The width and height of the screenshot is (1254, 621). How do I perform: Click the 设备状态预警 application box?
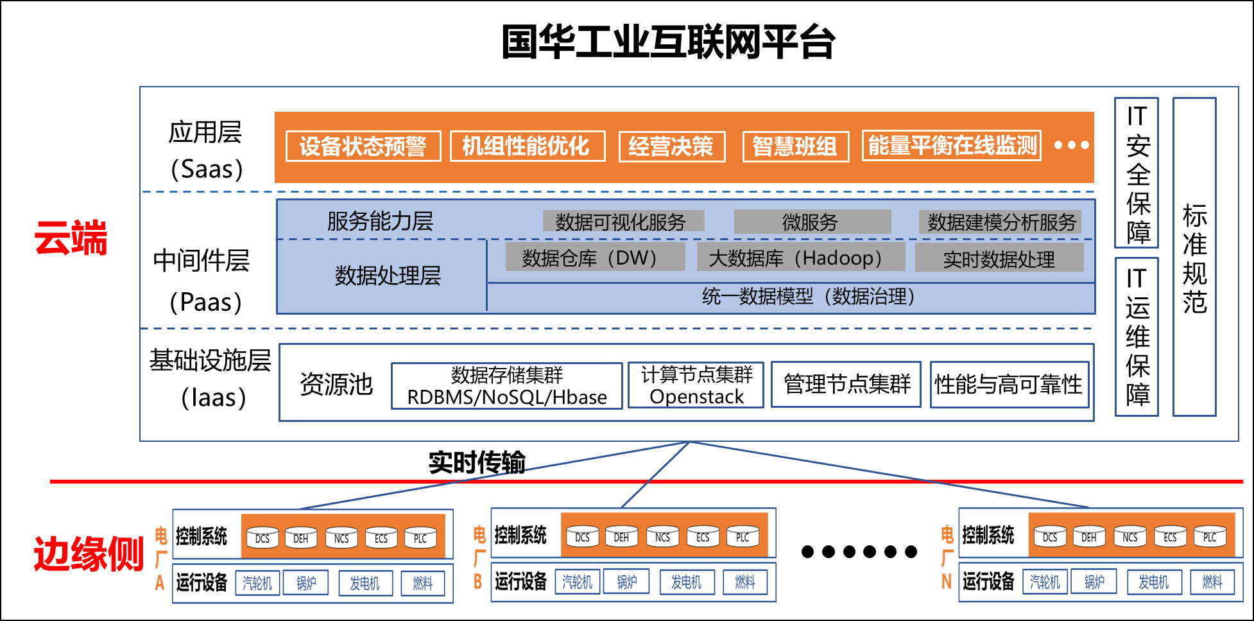point(363,146)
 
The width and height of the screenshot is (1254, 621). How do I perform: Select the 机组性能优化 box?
point(528,146)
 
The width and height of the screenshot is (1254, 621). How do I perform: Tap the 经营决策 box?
point(672,147)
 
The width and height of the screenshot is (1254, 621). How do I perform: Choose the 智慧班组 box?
point(796,147)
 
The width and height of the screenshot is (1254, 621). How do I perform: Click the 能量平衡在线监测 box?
point(952,146)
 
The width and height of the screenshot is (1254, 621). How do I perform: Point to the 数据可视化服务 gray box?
point(623,222)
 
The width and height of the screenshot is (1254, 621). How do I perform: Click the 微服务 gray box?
point(812,222)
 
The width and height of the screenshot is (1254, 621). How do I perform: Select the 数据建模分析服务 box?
point(1000,222)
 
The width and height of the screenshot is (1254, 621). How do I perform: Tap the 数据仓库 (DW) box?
point(595,258)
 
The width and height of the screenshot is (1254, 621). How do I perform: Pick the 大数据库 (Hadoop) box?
point(800,258)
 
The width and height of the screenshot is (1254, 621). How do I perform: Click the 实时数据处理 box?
point(999,259)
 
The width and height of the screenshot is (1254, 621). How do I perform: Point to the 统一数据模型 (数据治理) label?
point(809,297)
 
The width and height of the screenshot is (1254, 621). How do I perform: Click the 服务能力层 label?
point(380,222)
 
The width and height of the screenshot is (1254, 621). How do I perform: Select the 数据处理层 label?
point(388,276)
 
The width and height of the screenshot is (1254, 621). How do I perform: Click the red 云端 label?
point(71,238)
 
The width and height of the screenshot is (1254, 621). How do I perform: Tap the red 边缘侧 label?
point(89,554)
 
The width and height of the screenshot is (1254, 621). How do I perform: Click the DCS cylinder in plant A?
point(262,538)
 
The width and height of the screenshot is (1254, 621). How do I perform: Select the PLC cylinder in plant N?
point(1210,537)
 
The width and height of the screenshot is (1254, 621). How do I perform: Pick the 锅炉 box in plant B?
point(626,582)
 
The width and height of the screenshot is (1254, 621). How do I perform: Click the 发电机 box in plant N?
point(1153,582)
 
